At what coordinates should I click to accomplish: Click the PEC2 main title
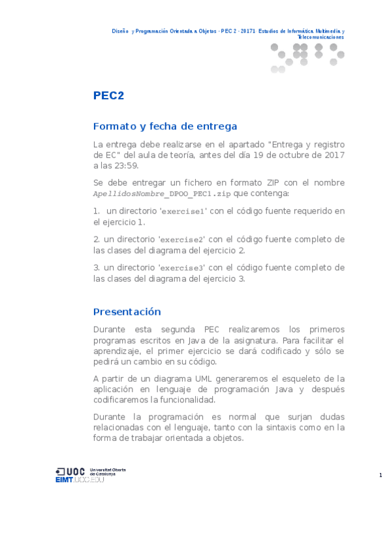108,95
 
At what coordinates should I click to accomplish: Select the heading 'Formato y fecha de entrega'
165,126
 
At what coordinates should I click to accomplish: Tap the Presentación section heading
127,312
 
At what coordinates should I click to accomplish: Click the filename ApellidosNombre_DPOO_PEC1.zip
162,194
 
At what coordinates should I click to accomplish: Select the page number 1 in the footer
380,475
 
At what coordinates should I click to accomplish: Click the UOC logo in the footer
70,471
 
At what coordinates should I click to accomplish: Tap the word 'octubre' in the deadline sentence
287,155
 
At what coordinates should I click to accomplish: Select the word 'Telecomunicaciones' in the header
321,37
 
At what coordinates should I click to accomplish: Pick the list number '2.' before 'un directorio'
97,239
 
